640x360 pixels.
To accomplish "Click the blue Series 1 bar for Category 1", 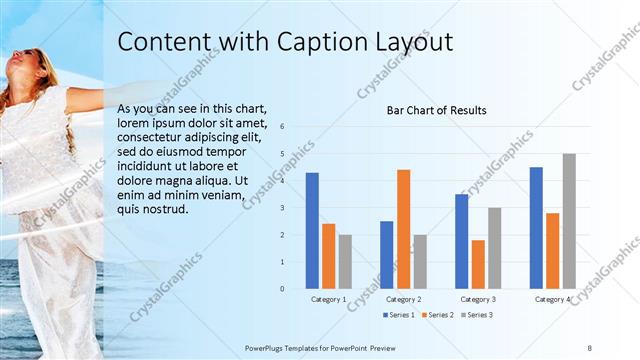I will (312, 231).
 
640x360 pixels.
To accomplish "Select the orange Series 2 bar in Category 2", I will (403, 229).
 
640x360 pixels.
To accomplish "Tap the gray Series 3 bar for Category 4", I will (569, 221).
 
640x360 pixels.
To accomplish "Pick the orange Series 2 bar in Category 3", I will (478, 264).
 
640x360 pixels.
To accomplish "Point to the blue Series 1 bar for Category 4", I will (536, 228).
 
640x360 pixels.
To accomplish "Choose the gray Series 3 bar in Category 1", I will (345, 262).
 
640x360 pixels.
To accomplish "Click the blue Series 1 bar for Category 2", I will (386, 255).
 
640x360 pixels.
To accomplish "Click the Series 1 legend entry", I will (399, 315).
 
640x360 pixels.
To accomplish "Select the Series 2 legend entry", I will (437, 315).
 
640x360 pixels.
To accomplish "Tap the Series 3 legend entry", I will (475, 315).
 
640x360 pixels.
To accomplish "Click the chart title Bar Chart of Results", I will (436, 110).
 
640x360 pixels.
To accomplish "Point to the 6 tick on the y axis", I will (283, 127).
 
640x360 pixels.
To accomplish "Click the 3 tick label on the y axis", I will (283, 208).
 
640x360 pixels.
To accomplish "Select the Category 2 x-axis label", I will (403, 299).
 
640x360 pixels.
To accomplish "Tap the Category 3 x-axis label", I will (478, 299).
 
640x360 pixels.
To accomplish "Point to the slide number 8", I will (589, 346).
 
